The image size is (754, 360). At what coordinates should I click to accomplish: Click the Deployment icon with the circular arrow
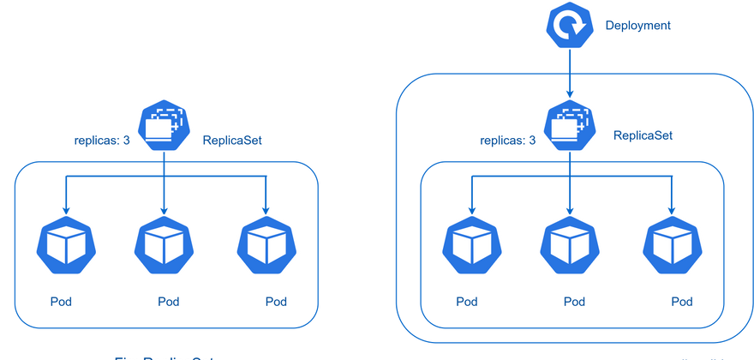(567, 26)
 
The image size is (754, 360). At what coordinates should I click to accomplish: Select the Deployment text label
(638, 26)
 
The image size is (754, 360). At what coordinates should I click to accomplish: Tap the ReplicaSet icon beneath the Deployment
(567, 127)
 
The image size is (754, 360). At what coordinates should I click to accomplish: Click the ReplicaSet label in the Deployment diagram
(643, 135)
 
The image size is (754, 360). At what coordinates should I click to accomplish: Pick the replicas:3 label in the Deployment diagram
(507, 139)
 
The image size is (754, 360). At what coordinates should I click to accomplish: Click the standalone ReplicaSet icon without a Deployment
(164, 127)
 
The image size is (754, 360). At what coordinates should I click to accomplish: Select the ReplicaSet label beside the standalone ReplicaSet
(232, 139)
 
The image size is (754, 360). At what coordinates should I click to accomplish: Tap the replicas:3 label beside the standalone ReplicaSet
(102, 139)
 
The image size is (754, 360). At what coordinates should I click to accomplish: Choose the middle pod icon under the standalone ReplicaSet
(164, 243)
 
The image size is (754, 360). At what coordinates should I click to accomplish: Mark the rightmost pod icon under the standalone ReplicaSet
(266, 243)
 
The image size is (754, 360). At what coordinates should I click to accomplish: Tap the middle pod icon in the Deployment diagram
(569, 243)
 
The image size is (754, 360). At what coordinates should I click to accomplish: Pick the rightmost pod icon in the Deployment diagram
(673, 243)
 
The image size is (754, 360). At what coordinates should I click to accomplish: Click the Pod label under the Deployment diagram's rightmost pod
(681, 301)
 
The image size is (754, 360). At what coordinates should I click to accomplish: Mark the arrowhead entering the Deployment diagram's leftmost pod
(470, 208)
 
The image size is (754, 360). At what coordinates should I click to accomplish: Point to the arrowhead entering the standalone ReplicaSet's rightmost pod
(266, 208)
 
